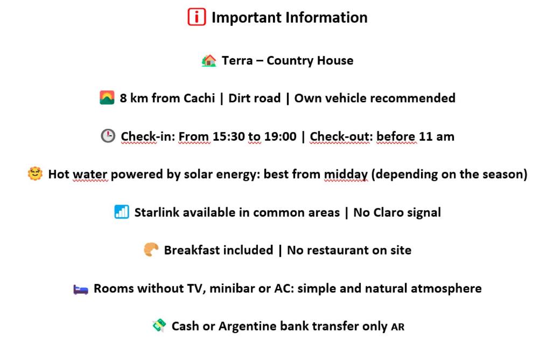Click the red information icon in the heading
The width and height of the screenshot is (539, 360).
click(x=197, y=17)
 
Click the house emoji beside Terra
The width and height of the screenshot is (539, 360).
click(x=209, y=60)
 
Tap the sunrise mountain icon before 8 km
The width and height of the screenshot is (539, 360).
click(x=107, y=98)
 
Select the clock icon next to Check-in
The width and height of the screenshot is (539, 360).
click(x=108, y=136)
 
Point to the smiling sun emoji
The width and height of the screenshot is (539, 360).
click(x=35, y=174)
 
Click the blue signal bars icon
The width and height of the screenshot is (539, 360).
click(x=122, y=212)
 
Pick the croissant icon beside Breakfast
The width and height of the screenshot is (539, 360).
click(x=151, y=250)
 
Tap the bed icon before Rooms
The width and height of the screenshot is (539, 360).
click(x=81, y=289)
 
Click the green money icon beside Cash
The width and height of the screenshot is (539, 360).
click(x=159, y=325)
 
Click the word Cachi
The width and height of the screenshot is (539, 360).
click(x=199, y=98)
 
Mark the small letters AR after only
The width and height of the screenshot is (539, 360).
click(x=397, y=327)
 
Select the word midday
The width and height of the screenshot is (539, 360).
click(x=346, y=175)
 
